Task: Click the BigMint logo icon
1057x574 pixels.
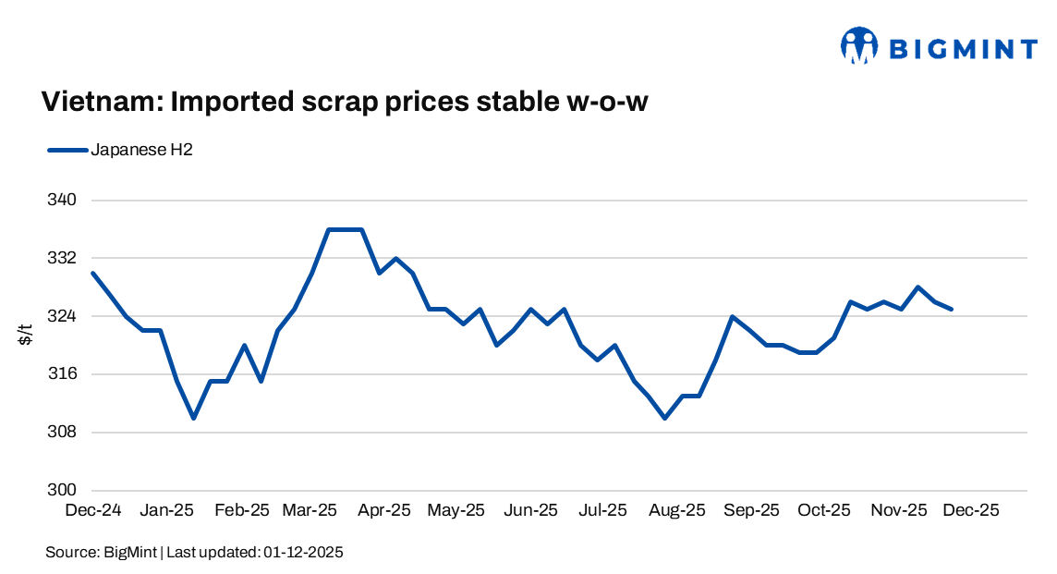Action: click(858, 45)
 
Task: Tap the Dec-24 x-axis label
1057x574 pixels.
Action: click(93, 510)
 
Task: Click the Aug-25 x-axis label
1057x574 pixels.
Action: click(677, 510)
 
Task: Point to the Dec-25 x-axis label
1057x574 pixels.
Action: click(970, 510)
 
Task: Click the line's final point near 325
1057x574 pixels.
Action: click(952, 309)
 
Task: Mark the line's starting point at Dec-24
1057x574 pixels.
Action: click(93, 273)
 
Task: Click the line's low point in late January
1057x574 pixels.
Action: click(193, 418)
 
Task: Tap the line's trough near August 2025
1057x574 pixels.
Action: click(665, 418)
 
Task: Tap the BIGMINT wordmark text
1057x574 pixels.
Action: click(962, 47)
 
